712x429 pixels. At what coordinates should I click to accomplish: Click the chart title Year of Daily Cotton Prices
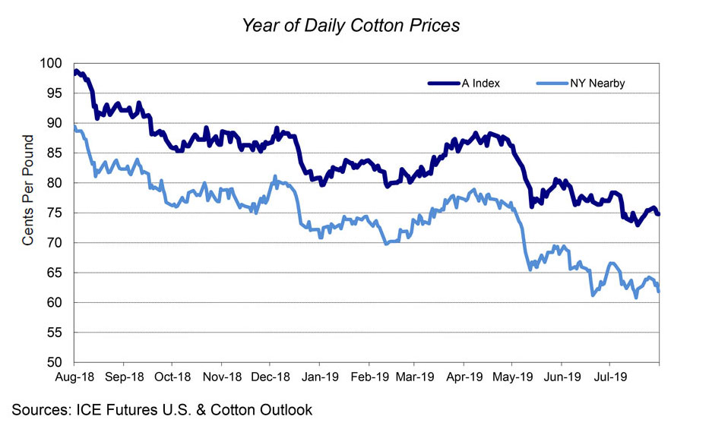[350, 25]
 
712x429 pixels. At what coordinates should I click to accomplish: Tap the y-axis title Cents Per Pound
[28, 191]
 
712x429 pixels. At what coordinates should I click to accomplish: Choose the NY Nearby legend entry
[596, 84]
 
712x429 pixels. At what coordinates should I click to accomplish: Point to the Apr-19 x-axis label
[464, 376]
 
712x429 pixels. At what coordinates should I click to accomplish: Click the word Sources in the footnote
[41, 410]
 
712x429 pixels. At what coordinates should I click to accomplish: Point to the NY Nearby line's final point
[658, 292]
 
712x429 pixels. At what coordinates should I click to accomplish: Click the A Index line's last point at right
[658, 214]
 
